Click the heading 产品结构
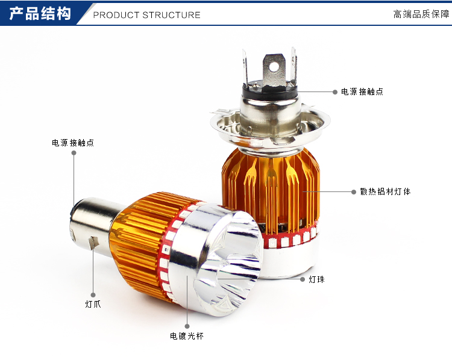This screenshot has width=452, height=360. (x=40, y=14)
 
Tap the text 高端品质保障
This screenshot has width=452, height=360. (x=421, y=14)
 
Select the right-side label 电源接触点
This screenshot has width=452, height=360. (x=362, y=92)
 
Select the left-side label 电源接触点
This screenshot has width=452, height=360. (x=73, y=143)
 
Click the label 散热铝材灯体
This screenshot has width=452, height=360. (x=386, y=191)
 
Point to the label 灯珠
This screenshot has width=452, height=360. (x=316, y=279)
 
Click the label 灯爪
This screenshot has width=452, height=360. (x=93, y=304)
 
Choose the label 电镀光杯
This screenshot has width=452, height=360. (x=187, y=336)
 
